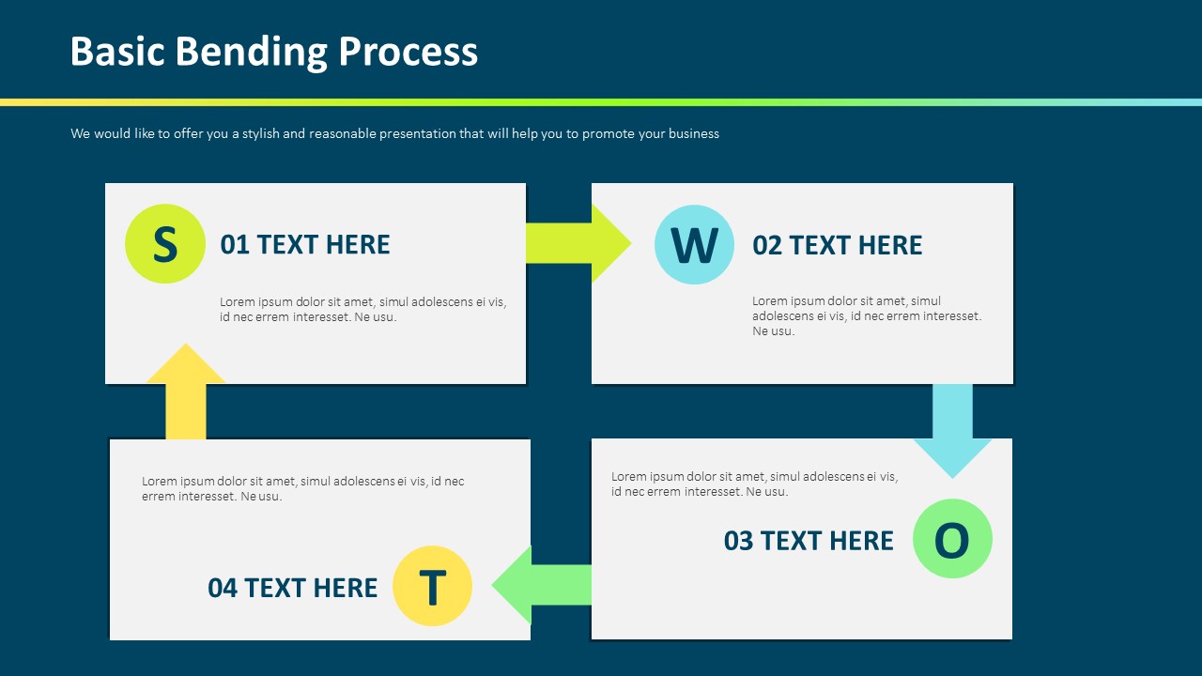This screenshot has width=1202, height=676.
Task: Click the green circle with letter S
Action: (x=165, y=244)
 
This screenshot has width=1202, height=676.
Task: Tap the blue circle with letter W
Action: (x=694, y=244)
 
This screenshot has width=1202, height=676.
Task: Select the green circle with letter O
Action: (x=952, y=539)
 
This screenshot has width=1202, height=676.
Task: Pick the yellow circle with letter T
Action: (x=432, y=587)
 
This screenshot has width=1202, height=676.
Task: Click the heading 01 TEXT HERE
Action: (x=305, y=245)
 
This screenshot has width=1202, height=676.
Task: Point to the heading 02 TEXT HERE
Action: (x=838, y=246)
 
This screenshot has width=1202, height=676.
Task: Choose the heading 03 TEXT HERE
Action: (x=809, y=541)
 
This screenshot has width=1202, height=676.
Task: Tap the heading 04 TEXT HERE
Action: (x=292, y=588)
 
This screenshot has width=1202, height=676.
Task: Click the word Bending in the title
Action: (x=252, y=52)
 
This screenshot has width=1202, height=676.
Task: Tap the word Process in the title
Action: (x=408, y=52)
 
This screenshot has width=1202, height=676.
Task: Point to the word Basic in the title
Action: (x=117, y=52)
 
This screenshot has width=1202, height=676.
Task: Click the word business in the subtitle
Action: (x=693, y=134)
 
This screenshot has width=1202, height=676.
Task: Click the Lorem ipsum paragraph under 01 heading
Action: (x=362, y=309)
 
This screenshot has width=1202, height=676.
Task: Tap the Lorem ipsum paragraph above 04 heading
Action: (x=302, y=488)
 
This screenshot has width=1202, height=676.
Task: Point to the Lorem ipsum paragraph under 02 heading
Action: (x=867, y=315)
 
